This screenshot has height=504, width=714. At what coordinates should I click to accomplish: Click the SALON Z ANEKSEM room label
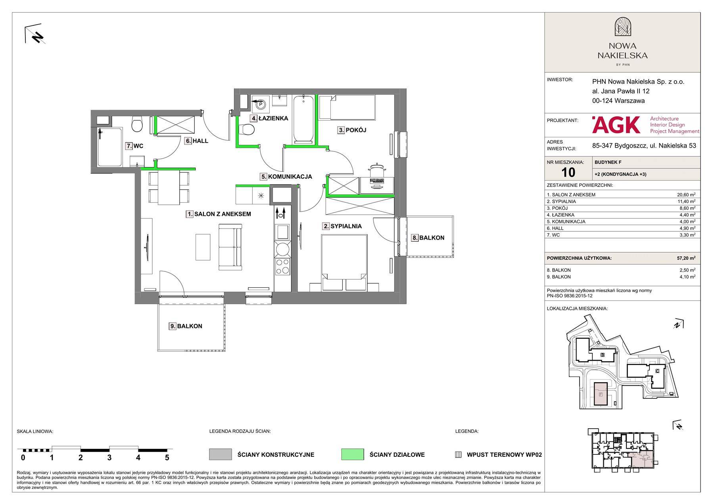pos(219,214)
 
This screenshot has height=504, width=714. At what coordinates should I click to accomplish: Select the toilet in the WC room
pos(137,124)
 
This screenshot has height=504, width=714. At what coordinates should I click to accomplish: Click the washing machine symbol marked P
pos(261,105)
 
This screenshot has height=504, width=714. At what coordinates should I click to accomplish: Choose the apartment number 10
pos(568,172)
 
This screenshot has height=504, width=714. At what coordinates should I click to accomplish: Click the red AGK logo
pos(616,125)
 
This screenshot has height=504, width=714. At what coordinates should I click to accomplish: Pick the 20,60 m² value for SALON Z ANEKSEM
pos(686,195)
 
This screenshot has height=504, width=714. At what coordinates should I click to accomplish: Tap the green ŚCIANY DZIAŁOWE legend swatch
pos(352,454)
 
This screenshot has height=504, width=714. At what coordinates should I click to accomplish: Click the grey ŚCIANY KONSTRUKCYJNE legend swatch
pos(220,454)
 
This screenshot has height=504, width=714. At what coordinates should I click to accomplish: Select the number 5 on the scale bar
pos(167,458)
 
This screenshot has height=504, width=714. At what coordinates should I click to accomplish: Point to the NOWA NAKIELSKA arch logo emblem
pos(622,27)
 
